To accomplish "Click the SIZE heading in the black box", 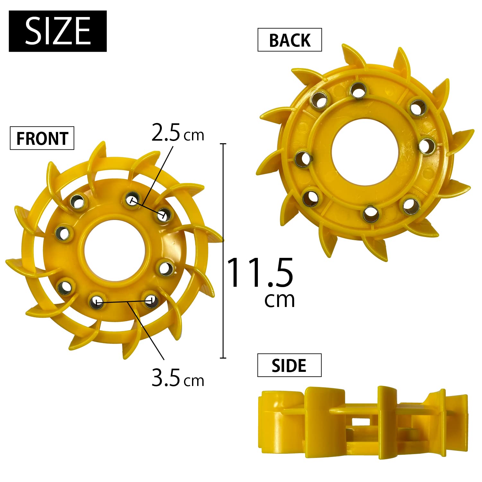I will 58,31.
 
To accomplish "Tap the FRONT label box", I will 42,138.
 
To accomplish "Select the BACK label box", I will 290,40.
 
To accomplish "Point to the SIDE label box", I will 289,365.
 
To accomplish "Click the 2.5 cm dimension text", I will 178,133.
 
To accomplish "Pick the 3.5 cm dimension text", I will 178,378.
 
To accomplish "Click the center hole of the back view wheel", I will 365,152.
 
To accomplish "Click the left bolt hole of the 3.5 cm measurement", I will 96,302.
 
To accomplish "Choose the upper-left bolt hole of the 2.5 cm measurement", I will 132,200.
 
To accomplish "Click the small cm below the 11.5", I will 279,300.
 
